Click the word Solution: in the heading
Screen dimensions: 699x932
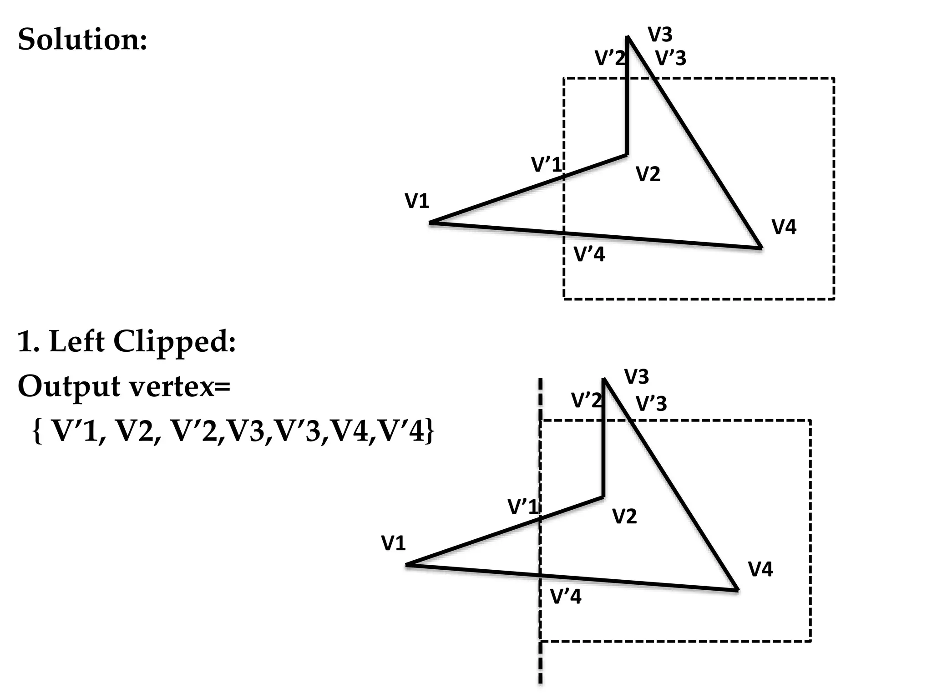tap(82, 39)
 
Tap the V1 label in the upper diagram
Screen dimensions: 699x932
tap(417, 201)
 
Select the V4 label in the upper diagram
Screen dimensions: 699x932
tap(784, 227)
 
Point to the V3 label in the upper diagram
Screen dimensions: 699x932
tap(660, 35)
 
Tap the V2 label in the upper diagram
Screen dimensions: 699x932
tap(648, 174)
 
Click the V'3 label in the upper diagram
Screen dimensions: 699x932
tap(671, 58)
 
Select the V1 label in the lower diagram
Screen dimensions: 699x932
tap(393, 543)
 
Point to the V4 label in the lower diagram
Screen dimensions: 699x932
tap(760, 569)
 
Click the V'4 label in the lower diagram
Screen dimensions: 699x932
tap(566, 597)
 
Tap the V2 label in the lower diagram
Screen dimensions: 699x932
tap(624, 517)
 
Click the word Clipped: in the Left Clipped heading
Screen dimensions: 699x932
tap(175, 341)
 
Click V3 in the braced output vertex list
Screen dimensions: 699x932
tap(246, 431)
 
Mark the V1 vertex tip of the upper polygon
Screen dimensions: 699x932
tap(430, 223)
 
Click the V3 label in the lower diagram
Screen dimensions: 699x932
tap(636, 377)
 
